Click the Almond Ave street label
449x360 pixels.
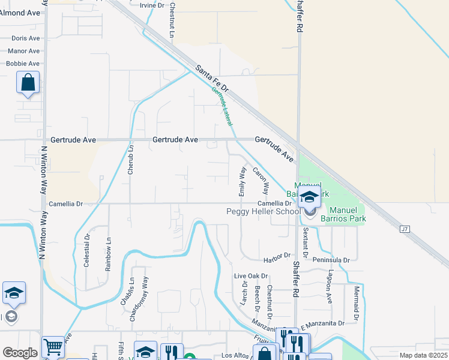[x=20, y=13]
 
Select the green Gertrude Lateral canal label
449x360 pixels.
[x=221, y=106]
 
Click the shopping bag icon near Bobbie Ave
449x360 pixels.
[x=28, y=83]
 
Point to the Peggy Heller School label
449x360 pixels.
[x=263, y=211]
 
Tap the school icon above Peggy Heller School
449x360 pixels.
[x=309, y=196]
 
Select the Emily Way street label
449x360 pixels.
[x=243, y=181]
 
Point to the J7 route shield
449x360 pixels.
[x=404, y=228]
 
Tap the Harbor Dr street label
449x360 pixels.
[x=277, y=260]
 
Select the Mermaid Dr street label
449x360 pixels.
[x=356, y=304]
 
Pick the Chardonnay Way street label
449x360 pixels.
[x=145, y=292]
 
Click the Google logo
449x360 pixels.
[x=20, y=353]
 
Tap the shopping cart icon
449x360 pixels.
[x=53, y=346]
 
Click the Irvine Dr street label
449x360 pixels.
[x=151, y=5]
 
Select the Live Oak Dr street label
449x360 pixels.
[x=250, y=276]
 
